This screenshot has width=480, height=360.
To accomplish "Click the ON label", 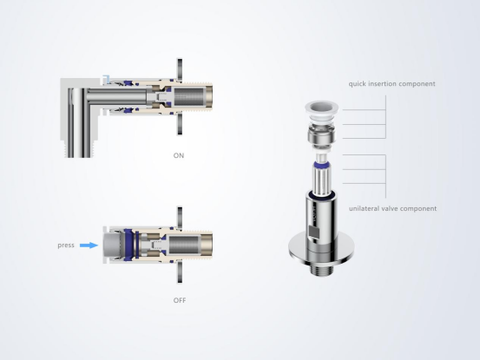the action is [x=179, y=155].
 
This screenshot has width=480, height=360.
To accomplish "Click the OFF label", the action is [x=180, y=300].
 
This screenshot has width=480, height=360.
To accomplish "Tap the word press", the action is [x=66, y=245].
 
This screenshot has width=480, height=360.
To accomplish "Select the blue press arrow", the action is [x=89, y=245].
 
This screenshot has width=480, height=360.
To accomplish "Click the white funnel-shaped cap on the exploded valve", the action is [x=321, y=111].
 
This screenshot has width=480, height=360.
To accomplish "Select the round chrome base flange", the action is [x=321, y=248].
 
